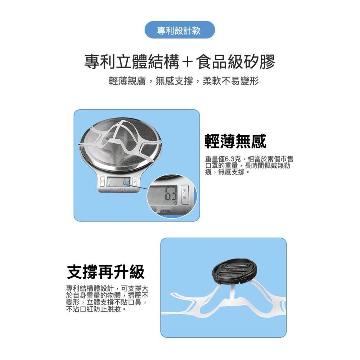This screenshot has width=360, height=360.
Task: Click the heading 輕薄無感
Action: pyautogui.click(x=235, y=142)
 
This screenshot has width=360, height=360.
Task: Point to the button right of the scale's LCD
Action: pyautogui.click(x=135, y=181)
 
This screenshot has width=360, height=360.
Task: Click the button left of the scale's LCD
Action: pyautogui.click(x=103, y=181)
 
